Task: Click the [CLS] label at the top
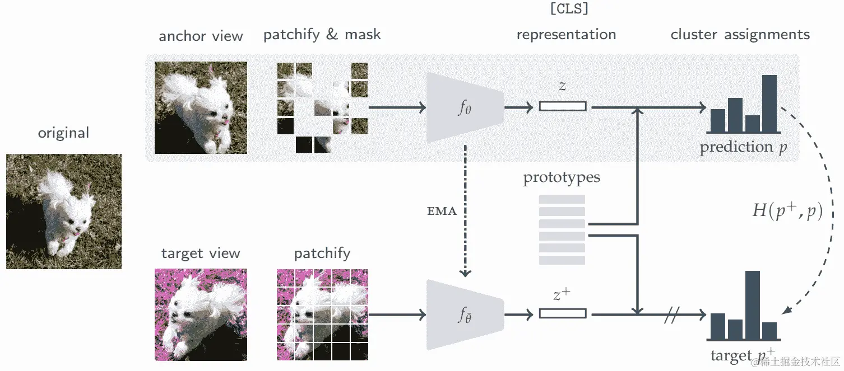point(570,10)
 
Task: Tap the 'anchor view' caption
point(201,36)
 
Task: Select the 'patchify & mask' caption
point(322,35)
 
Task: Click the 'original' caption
point(63,133)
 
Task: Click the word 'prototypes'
point(562,179)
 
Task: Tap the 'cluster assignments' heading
point(740,35)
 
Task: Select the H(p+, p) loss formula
point(787,212)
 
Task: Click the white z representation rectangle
point(563,106)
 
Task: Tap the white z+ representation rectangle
point(563,314)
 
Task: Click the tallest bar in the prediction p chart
point(769,104)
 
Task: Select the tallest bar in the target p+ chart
point(752,305)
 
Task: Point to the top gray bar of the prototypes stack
point(562,199)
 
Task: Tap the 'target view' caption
point(201,253)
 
